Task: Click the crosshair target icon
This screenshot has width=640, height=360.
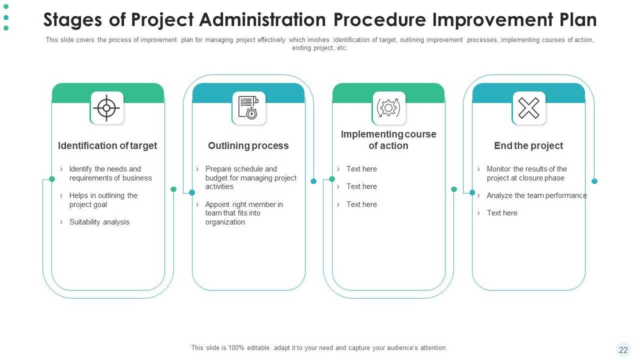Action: click(107, 107)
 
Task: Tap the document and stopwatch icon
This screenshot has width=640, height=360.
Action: click(248, 107)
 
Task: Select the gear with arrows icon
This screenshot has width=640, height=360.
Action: click(388, 107)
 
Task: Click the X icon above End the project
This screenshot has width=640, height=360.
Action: click(528, 107)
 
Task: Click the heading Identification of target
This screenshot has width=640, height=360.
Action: click(107, 145)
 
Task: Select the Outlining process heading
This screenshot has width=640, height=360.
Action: click(248, 145)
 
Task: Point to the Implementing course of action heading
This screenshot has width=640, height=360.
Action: click(388, 140)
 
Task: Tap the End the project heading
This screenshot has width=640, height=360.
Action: click(528, 145)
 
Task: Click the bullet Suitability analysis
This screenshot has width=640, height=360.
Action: click(99, 222)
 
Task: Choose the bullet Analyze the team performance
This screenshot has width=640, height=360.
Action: click(536, 195)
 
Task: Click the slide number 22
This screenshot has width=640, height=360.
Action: click(623, 350)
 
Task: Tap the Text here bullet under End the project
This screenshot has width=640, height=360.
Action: click(502, 213)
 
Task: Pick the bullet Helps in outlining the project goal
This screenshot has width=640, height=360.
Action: click(103, 200)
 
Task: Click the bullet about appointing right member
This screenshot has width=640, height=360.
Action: click(244, 213)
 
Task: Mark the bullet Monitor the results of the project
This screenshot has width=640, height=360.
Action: click(526, 173)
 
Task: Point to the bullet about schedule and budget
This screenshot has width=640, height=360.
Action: click(250, 177)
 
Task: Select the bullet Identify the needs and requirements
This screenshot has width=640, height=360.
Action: click(110, 173)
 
